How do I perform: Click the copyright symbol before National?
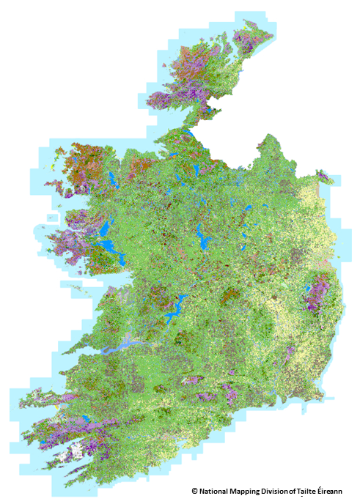point(195,491)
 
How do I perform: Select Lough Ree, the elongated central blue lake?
point(200,236)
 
